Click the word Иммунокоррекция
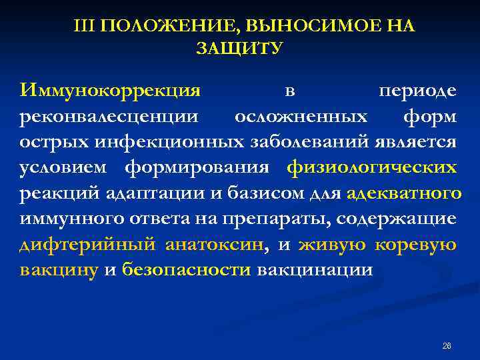pos(110,90)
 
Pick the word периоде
pos(417,90)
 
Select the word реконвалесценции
pos(109,116)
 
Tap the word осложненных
pos(301,116)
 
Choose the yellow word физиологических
pos(372,167)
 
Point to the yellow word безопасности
pos(186,271)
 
